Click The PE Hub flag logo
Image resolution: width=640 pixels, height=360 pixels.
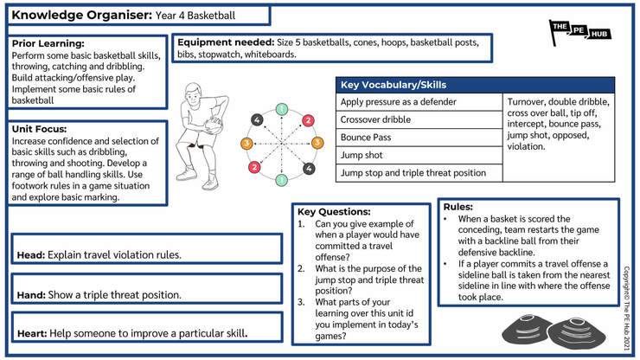pyautogui.click(x=579, y=32)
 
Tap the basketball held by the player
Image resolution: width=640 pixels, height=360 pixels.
pyautogui.click(x=213, y=125)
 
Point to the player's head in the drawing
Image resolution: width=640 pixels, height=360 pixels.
pyautogui.click(x=193, y=93)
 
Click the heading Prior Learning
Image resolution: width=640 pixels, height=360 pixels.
pyautogui.click(x=48, y=43)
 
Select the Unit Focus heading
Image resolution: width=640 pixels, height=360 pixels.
pyautogui.click(x=39, y=129)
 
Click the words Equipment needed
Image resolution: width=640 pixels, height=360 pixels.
pyautogui.click(x=226, y=42)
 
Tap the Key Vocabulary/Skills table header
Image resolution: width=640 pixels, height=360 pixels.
pyautogui.click(x=475, y=85)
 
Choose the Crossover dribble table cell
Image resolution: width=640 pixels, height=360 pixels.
pyautogui.click(x=419, y=119)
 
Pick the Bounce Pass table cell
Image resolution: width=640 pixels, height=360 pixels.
pyautogui.click(x=419, y=138)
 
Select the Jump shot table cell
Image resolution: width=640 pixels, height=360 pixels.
pyautogui.click(x=419, y=155)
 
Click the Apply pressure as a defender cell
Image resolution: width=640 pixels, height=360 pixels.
pyautogui.click(x=419, y=102)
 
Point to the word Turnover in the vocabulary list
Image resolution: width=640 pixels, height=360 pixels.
pyautogui.click(x=526, y=102)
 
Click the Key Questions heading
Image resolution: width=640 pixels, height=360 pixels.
pyautogui.click(x=334, y=212)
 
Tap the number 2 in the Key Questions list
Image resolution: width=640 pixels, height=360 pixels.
pyautogui.click(x=301, y=268)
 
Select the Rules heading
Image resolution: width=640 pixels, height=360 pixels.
pyautogui.click(x=458, y=207)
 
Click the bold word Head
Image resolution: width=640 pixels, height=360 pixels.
pyautogui.click(x=31, y=255)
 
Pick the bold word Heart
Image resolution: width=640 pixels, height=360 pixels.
pyautogui.click(x=32, y=333)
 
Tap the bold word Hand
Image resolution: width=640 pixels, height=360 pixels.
pyautogui.click(x=31, y=294)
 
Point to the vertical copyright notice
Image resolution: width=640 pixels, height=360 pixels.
pyautogui.click(x=626, y=309)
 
